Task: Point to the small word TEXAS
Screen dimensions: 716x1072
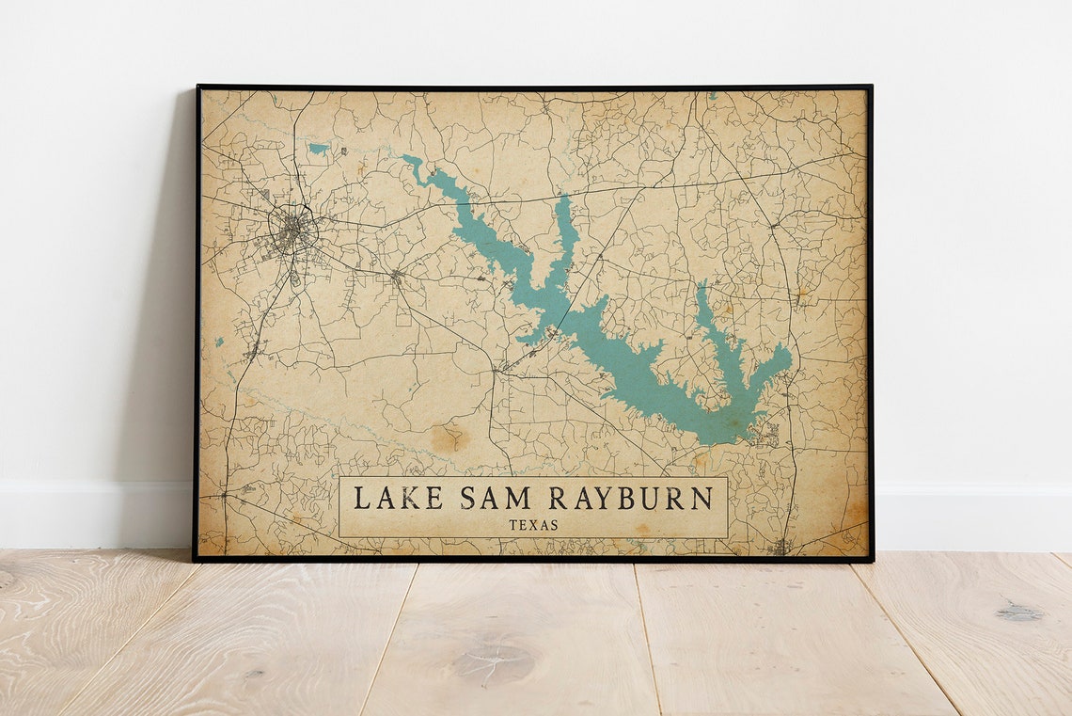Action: [x=533, y=525]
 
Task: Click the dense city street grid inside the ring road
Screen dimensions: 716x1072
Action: [x=293, y=231]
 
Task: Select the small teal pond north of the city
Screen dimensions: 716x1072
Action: [x=319, y=149]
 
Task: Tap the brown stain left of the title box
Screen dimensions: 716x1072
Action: [x=449, y=437]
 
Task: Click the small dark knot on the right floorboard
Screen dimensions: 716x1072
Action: [x=1019, y=613]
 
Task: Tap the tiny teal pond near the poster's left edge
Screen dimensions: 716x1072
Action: [x=219, y=342]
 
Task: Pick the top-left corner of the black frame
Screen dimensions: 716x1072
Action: [x=198, y=88]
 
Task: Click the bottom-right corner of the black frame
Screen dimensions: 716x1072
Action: [x=871, y=560]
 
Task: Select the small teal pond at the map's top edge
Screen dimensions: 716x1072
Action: [x=712, y=96]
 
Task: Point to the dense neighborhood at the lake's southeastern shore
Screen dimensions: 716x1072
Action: [x=766, y=434]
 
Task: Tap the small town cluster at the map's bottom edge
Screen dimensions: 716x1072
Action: [x=779, y=547]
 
